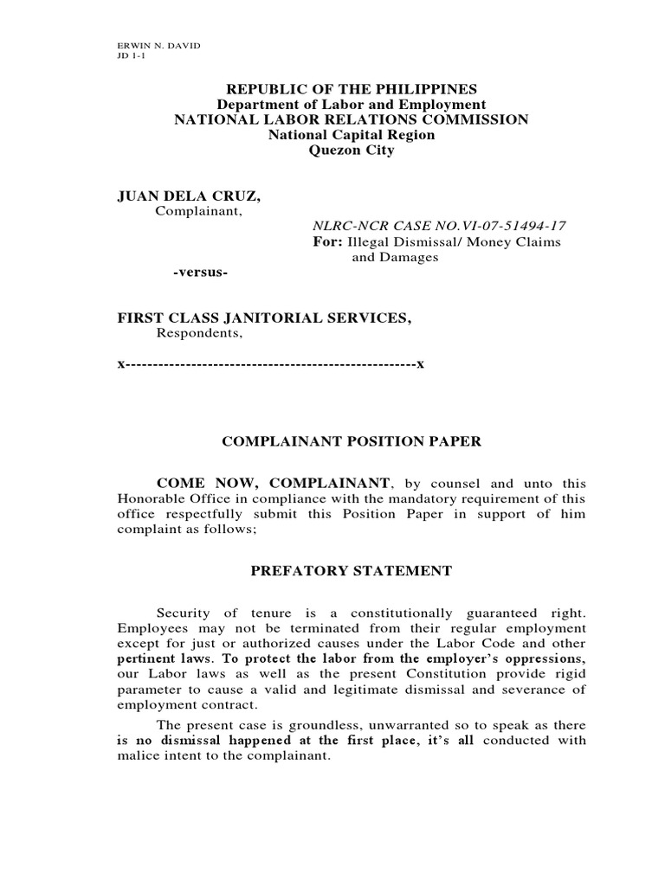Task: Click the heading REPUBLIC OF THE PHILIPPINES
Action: [351, 90]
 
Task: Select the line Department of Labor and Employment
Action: [351, 105]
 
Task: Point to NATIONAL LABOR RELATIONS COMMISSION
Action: [351, 119]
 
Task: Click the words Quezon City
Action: [351, 150]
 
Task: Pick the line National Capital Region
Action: [351, 135]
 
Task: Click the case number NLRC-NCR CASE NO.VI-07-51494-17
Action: [440, 226]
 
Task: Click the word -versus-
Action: [200, 273]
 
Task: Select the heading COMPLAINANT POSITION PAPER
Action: [351, 441]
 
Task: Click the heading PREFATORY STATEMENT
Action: [351, 571]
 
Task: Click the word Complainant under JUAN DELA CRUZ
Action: [198, 211]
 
